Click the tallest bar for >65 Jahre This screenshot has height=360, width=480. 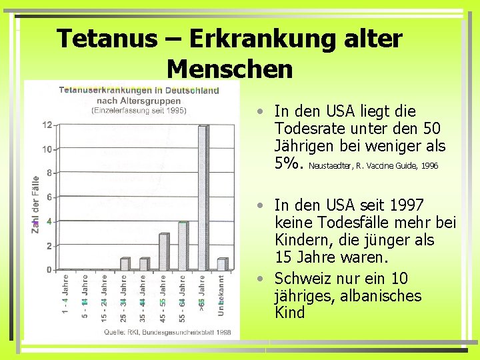[202, 197]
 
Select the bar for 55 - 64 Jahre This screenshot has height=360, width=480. [183, 246]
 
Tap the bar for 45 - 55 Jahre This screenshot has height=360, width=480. [163, 252]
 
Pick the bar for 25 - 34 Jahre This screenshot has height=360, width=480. [125, 264]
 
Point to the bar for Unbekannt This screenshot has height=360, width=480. [221, 264]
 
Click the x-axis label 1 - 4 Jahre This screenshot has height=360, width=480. [65, 293]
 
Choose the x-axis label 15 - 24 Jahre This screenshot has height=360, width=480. [105, 293]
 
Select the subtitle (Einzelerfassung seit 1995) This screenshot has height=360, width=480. [140, 110]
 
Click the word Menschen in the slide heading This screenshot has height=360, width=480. [229, 68]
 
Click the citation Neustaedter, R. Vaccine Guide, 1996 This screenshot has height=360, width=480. [373, 165]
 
